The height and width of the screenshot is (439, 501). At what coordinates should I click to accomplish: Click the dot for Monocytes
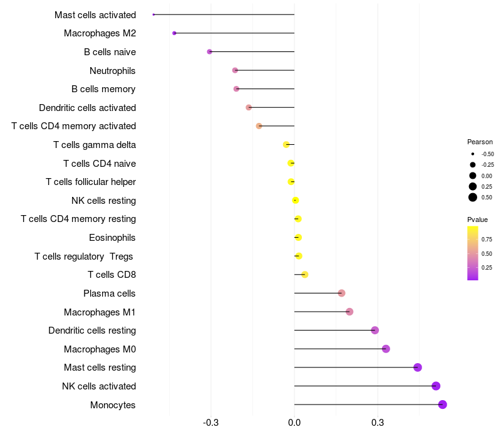(442, 405)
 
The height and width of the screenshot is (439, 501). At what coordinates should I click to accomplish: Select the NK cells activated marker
(436, 386)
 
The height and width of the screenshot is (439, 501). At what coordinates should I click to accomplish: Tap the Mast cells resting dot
(418, 368)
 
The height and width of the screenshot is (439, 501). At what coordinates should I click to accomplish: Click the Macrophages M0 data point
(386, 349)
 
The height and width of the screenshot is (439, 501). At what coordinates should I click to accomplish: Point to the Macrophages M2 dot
(174, 33)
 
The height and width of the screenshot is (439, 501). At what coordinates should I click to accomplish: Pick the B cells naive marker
(209, 51)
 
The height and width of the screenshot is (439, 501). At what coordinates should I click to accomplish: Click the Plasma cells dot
(341, 293)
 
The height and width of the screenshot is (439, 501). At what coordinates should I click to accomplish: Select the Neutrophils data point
(235, 70)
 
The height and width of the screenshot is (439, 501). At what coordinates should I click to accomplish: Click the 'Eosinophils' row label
(112, 238)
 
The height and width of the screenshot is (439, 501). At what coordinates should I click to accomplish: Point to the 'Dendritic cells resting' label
(92, 331)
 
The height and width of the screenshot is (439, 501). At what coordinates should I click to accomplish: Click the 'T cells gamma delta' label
(95, 145)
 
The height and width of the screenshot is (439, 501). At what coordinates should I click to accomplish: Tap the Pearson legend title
(480, 142)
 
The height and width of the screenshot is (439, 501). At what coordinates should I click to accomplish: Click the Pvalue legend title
(477, 219)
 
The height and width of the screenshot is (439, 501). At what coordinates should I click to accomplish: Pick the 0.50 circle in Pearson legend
(473, 198)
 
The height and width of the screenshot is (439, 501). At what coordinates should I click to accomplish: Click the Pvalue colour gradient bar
(473, 253)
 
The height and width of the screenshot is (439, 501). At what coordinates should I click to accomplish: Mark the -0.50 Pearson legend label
(487, 154)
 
